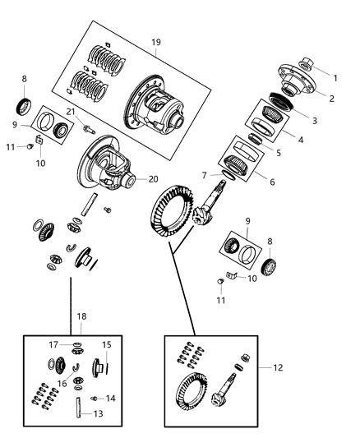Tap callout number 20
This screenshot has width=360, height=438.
click(x=152, y=178)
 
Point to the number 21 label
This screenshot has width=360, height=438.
click(x=71, y=112)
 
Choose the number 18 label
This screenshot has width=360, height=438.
click(x=81, y=316)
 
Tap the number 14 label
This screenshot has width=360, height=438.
click(x=111, y=397)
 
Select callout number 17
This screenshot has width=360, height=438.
click(x=52, y=345)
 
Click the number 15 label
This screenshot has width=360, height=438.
click(x=106, y=344)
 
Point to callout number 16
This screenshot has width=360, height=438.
click(x=61, y=382)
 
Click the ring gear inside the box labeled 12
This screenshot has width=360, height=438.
click(x=194, y=395)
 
